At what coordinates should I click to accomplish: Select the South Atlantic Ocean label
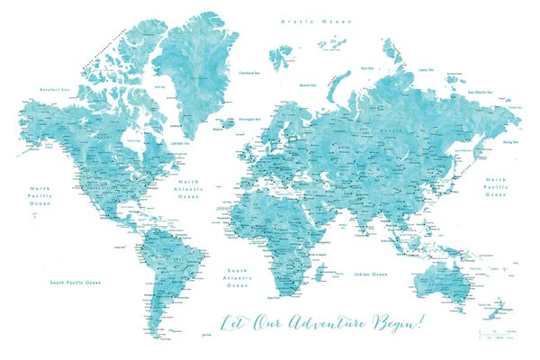(237, 277)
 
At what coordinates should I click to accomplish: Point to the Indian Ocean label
(370, 274)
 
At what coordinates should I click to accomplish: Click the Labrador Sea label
(181, 142)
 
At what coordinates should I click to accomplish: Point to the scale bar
(494, 333)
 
